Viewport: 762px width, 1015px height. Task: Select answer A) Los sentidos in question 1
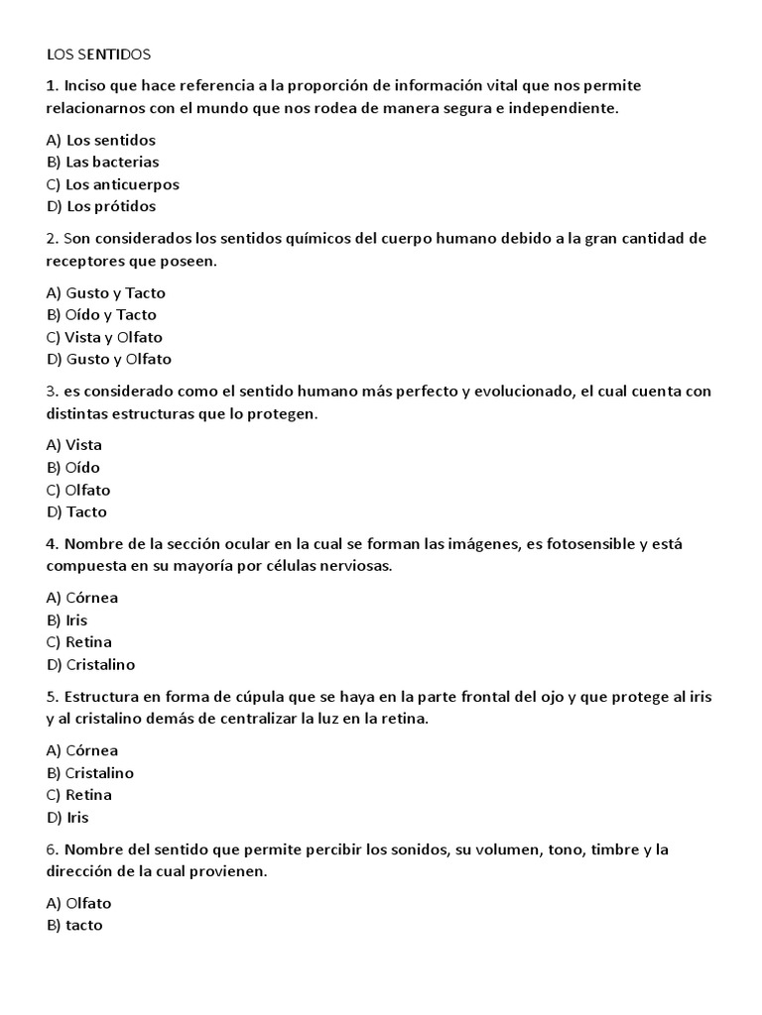(x=100, y=140)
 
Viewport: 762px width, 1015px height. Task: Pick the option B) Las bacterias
(x=102, y=162)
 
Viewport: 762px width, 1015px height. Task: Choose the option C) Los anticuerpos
(x=112, y=184)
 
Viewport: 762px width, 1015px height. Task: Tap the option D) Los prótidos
(x=100, y=206)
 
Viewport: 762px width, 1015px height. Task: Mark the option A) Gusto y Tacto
(x=105, y=292)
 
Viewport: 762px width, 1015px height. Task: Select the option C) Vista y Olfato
(x=104, y=337)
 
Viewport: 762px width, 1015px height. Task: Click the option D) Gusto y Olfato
(x=108, y=359)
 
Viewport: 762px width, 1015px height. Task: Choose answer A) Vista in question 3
(x=73, y=445)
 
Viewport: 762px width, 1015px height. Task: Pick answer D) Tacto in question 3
(x=76, y=511)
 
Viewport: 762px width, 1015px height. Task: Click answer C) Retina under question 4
(x=78, y=641)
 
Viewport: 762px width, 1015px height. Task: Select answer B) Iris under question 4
(x=66, y=620)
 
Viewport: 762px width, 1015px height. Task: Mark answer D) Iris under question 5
(x=67, y=817)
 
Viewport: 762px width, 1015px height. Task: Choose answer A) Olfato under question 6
(x=78, y=903)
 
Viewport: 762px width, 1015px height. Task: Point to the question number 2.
(x=51, y=239)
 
